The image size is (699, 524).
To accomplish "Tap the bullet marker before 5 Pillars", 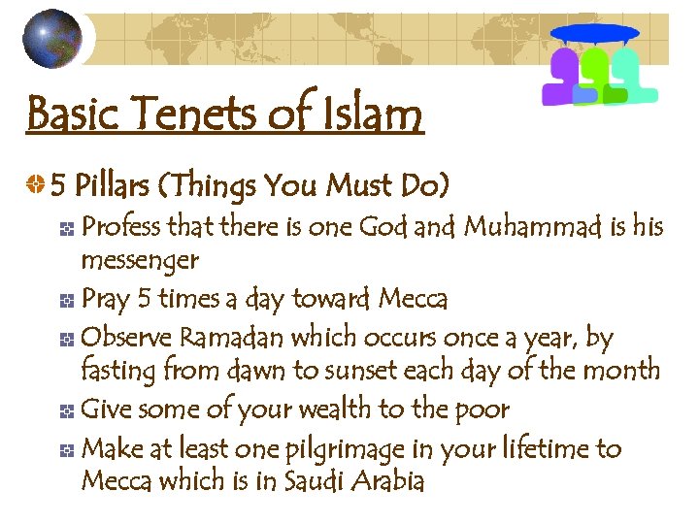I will click(x=36, y=184).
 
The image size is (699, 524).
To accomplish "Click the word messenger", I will click(x=140, y=260).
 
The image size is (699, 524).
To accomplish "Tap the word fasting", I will click(x=121, y=371).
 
